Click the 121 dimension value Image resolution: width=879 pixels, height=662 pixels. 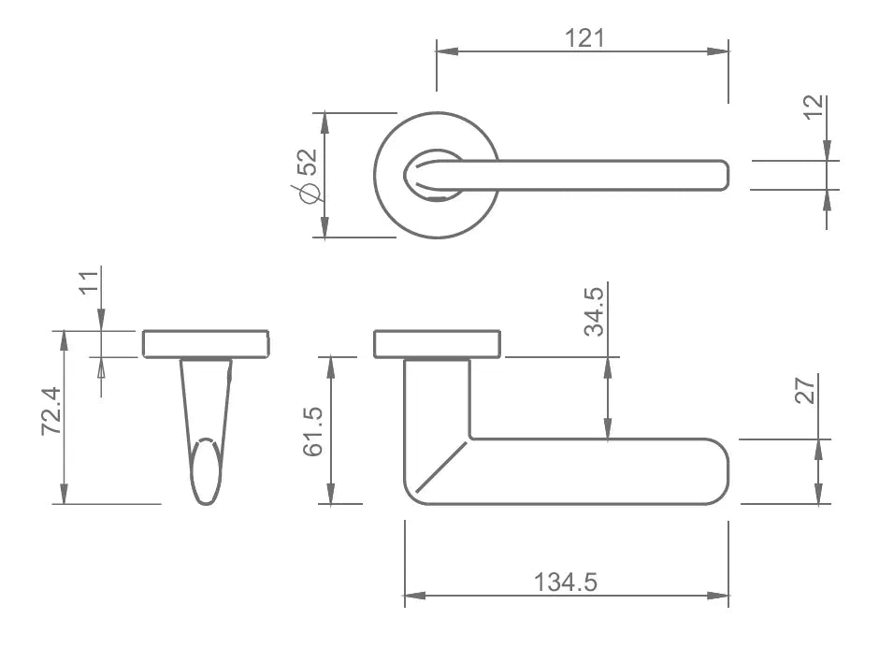[x=584, y=38]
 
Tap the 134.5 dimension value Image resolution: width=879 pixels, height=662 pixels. [x=565, y=582]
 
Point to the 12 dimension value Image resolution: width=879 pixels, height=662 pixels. [x=814, y=108]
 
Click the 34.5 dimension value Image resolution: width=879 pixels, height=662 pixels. [x=594, y=311]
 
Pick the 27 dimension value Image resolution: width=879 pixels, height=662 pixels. [x=805, y=391]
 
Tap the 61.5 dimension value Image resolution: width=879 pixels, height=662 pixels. [x=313, y=432]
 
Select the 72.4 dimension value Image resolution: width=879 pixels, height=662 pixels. [x=51, y=410]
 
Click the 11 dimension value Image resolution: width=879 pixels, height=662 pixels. [x=89, y=282]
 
